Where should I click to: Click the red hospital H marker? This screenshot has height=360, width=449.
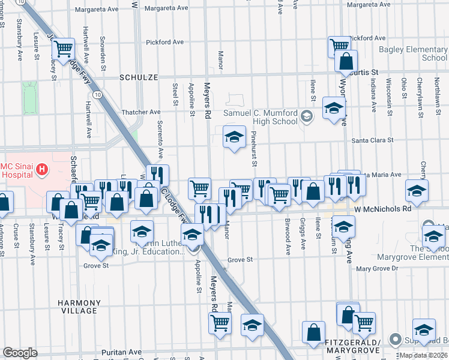(41, 169)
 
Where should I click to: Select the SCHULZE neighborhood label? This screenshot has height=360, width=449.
(139, 77)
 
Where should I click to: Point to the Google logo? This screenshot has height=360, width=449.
(20, 353)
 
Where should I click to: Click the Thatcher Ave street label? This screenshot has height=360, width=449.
(142, 112)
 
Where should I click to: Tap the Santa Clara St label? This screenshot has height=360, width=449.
(372, 140)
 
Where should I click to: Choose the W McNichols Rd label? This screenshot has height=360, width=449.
(382, 209)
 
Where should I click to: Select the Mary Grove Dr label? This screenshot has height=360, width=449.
(377, 269)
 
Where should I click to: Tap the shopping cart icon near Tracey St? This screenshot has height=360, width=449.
(64, 47)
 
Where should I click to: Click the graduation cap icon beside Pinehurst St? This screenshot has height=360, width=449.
(235, 137)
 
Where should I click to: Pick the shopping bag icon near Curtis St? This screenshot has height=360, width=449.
(346, 61)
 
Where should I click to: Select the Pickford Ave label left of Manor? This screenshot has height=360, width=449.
(164, 42)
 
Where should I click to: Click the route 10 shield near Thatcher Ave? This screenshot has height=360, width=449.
(96, 94)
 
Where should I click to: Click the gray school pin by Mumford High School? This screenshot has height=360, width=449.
(307, 115)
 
